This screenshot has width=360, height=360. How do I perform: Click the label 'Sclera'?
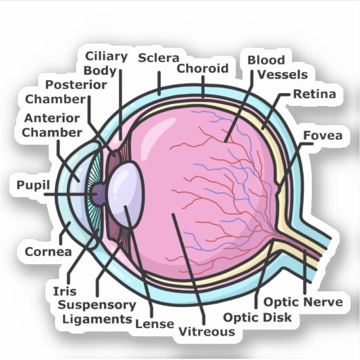pyautogui.click(x=158, y=58)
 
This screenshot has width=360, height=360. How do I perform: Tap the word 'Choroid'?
pyautogui.click(x=202, y=68)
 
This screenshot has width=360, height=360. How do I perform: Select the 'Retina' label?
pyautogui.click(x=314, y=94)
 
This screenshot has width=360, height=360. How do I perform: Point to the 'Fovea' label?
pyautogui.click(x=323, y=135)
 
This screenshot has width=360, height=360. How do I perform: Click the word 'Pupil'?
pyautogui.click(x=33, y=185)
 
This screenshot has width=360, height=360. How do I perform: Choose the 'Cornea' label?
pyautogui.click(x=48, y=251)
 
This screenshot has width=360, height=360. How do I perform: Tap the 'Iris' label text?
pyautogui.click(x=65, y=291)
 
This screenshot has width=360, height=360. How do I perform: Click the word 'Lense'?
pyautogui.click(x=154, y=324)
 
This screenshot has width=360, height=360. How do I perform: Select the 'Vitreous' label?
pyautogui.click(x=206, y=331)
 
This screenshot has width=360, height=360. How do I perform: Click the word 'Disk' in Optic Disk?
pyautogui.click(x=277, y=317)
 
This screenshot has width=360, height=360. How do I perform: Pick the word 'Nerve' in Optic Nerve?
pyautogui.click(x=323, y=302)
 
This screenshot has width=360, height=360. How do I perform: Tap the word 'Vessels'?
pyautogui.click(x=283, y=75)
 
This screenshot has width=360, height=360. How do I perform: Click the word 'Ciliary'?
pyautogui.click(x=106, y=56)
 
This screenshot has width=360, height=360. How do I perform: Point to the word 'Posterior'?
pyautogui.click(x=76, y=85)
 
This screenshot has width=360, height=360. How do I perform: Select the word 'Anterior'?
pyautogui.click(x=52, y=118)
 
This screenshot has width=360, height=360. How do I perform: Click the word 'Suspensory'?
pyautogui.click(x=97, y=306)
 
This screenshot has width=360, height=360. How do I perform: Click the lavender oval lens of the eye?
pyautogui.click(x=126, y=195)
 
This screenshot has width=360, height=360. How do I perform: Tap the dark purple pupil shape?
pyautogui.click(x=98, y=194)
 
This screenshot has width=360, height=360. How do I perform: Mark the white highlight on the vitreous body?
pyautogui.click(x=158, y=131)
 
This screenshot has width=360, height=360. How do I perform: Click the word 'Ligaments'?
pyautogui.click(x=97, y=319)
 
